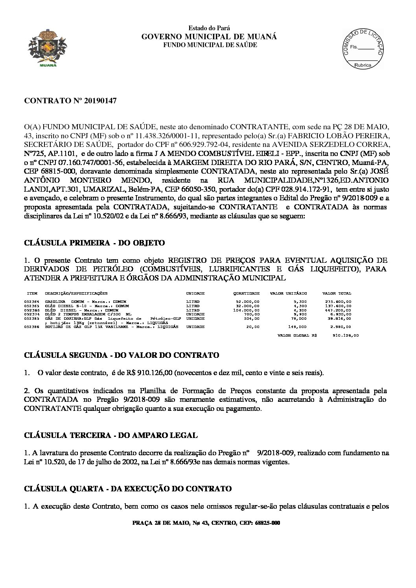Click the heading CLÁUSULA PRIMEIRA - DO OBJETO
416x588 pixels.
point(94,243)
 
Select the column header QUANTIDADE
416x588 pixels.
point(247,293)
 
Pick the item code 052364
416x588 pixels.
point(31,301)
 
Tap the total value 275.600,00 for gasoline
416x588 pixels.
point(341,301)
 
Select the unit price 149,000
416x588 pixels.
point(298,326)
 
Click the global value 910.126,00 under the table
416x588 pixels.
point(346,336)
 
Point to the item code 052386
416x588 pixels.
point(31,326)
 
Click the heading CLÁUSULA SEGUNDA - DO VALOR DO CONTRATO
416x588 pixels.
point(121,355)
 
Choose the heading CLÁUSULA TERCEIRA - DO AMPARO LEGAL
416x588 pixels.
point(111,435)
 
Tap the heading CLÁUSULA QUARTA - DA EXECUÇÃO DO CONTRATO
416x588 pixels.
point(128,489)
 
